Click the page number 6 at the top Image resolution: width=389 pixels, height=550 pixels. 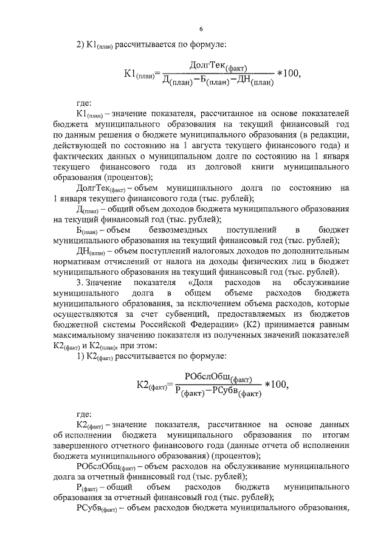point(200,29)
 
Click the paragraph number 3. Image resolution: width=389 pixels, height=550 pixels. point(78,283)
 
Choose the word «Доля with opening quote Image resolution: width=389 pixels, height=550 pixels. point(204,283)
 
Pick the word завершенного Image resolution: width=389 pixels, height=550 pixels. point(89,446)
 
